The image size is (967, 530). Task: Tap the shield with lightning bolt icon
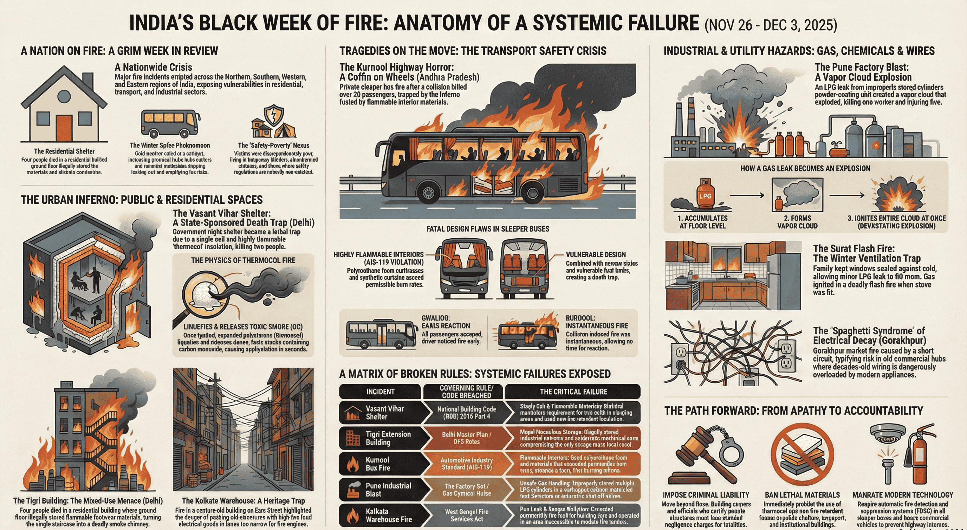pyautogui.click(x=274, y=115)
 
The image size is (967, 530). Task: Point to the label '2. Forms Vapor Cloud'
pyautogui.click(x=797, y=222)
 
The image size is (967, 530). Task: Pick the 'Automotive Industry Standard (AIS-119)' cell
pyautogui.click(x=466, y=464)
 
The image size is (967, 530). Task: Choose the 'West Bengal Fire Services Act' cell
pyautogui.click(x=466, y=515)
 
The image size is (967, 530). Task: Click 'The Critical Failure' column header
pyautogui.click(x=573, y=392)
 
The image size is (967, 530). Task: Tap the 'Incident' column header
pyautogui.click(x=380, y=392)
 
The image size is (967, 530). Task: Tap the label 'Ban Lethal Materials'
pyautogui.click(x=802, y=495)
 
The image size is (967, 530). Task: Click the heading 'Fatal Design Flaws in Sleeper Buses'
pyautogui.click(x=488, y=228)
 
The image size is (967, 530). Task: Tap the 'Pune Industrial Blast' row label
pyautogui.click(x=388, y=490)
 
